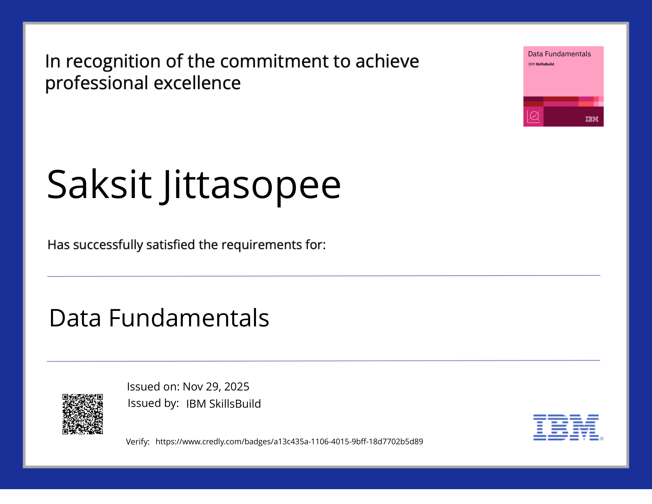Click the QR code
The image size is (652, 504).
click(83, 414)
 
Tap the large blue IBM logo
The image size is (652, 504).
click(566, 427)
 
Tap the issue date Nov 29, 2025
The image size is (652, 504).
click(216, 387)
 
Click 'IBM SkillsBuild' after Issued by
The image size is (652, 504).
click(223, 404)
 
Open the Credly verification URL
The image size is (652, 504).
click(289, 442)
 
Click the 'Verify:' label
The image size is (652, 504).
click(138, 442)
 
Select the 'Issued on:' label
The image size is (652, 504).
click(153, 387)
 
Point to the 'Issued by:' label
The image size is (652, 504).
click(153, 403)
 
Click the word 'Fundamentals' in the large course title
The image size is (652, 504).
click(189, 318)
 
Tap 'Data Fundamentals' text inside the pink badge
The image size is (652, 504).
click(559, 54)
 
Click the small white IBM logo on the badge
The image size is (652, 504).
click(592, 119)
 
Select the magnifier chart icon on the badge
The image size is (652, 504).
click(533, 117)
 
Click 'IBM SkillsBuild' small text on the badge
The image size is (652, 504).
click(541, 64)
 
